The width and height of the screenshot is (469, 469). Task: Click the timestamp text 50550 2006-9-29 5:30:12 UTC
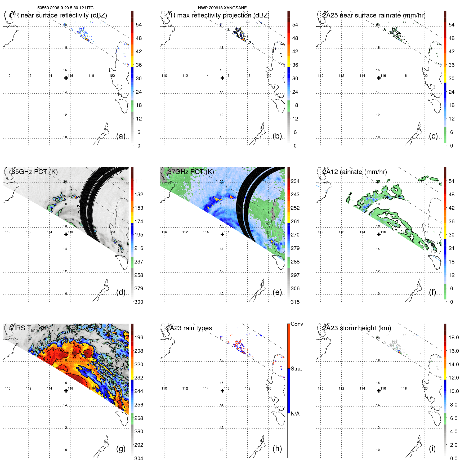click(x=65, y=8)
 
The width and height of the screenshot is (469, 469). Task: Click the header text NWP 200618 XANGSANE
click(x=222, y=8)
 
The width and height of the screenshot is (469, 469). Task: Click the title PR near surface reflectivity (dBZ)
click(x=58, y=15)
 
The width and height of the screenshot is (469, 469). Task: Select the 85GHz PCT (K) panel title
click(x=34, y=172)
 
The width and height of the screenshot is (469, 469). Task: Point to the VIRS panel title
click(x=29, y=328)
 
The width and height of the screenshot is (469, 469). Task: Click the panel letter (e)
click(x=277, y=292)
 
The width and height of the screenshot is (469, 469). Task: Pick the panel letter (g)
click(x=121, y=449)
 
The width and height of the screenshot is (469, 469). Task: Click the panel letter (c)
click(x=433, y=136)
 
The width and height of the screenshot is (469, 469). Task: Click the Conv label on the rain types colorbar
click(x=297, y=324)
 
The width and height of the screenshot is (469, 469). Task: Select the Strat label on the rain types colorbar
click(x=296, y=369)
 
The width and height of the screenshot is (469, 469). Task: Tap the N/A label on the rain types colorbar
click(x=295, y=414)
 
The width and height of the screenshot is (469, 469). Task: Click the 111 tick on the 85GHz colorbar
click(x=139, y=181)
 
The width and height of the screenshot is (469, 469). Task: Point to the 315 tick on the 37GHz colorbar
click(x=295, y=302)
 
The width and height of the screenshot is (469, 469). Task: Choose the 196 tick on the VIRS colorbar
click(x=139, y=337)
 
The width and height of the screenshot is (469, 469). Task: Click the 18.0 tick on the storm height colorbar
click(x=453, y=337)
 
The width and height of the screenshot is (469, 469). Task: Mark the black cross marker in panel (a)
click(x=66, y=78)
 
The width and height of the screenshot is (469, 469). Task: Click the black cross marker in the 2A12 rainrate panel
click(x=379, y=234)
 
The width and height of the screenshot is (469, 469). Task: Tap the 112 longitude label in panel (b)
click(x=185, y=76)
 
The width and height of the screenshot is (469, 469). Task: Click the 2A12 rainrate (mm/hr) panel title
click(x=354, y=172)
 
